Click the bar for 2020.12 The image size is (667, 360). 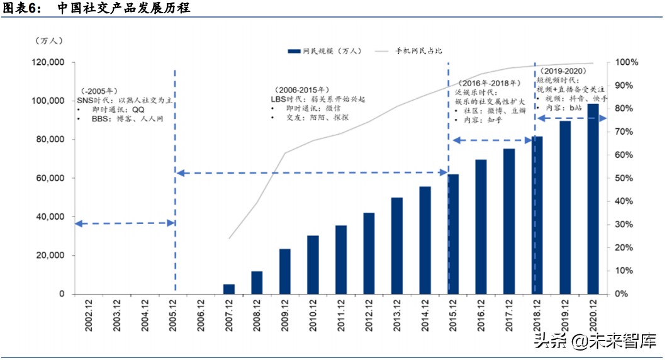click(x=593, y=199)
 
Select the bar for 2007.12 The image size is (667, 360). click(x=229, y=289)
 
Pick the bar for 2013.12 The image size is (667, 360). click(x=397, y=245)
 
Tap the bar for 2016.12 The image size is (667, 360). click(x=481, y=227)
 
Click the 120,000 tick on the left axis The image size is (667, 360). click(x=50, y=62)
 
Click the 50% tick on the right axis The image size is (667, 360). click(x=627, y=178)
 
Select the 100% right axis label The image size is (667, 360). click(x=628, y=62)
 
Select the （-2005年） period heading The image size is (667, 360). click(x=98, y=91)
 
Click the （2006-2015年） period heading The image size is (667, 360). click(x=301, y=90)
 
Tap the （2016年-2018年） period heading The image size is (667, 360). click(x=489, y=83)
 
